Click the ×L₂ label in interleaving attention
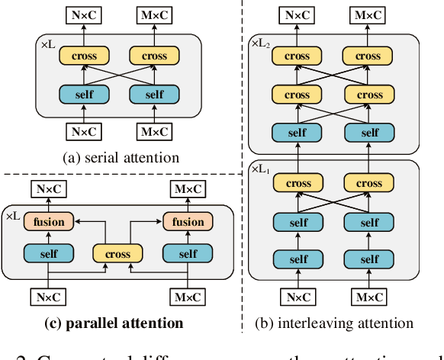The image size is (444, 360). coord(261,45)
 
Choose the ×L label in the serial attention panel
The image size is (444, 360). coord(48,46)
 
